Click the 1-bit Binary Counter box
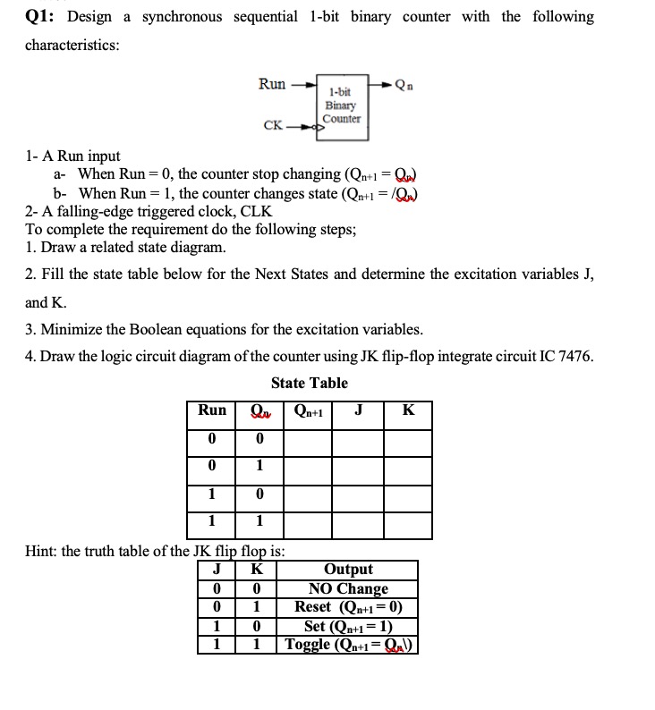(x=341, y=106)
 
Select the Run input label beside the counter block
(x=272, y=84)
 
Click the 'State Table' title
(x=309, y=383)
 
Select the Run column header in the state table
(x=212, y=410)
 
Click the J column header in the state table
(x=358, y=410)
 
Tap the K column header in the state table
(x=408, y=410)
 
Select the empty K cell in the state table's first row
(x=408, y=438)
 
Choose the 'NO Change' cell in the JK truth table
(x=348, y=588)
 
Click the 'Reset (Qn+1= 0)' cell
(x=348, y=607)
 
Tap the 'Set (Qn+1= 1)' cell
(x=348, y=626)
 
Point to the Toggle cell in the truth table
(x=348, y=645)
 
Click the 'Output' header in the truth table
(x=348, y=570)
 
